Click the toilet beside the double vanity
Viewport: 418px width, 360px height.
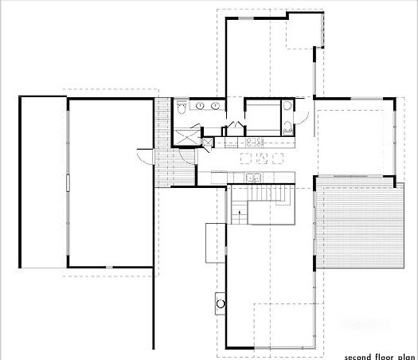point(182,108)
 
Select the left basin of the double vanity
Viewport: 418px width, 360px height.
point(200,106)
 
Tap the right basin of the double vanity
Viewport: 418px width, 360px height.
point(215,106)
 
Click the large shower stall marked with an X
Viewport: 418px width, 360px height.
point(186,137)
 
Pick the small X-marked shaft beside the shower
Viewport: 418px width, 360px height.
point(208,143)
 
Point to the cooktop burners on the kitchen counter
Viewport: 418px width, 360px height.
point(254,142)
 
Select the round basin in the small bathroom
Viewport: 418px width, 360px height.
point(287,106)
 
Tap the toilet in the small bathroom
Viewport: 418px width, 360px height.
point(287,127)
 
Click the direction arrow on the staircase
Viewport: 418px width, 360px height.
point(240,213)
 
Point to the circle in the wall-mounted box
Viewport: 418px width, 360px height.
point(221,303)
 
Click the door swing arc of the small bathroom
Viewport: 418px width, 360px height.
point(303,119)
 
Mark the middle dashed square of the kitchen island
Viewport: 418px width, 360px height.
point(262,158)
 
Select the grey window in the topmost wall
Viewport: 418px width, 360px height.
point(246,18)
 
